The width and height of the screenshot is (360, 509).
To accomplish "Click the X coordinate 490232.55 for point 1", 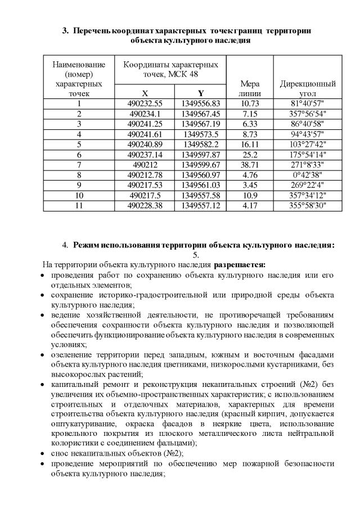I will click(x=145, y=103).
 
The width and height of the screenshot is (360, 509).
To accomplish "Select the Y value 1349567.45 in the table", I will click(x=201, y=114).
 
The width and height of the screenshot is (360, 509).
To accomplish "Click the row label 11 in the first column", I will click(x=79, y=205).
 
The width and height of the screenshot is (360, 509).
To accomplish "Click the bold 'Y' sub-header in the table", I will click(x=201, y=93).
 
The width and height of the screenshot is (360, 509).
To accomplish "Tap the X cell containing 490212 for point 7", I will click(x=145, y=165).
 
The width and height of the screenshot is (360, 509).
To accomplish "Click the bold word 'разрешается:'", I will click(x=239, y=264).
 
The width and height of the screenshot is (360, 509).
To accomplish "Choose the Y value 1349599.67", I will click(x=201, y=165).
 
